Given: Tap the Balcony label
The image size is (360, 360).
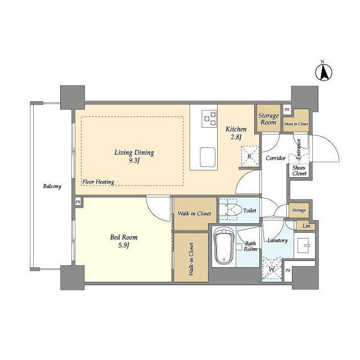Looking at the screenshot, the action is point(52,186).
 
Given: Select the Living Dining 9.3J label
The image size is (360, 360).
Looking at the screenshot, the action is point(134,156).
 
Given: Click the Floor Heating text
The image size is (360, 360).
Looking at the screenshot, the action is point(98,182).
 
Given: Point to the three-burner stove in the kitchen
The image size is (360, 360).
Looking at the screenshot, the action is point(209,119).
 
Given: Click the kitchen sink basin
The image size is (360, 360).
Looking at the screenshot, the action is point(208,157).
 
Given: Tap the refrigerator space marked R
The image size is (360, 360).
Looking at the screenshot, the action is point(250,156).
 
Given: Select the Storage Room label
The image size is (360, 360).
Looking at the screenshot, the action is point(268,119).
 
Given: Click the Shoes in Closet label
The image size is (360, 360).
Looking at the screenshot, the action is point(296,124).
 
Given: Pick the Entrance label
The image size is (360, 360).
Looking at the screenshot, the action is point(299,149).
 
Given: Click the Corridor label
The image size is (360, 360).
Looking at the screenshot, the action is point(276,158).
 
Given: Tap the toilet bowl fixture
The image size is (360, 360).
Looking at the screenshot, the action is point(234,210).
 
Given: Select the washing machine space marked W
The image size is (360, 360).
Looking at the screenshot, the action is point(272,269).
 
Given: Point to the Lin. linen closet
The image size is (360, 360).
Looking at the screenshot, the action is point(305,226).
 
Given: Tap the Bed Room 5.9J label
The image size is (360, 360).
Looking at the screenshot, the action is point(124,241).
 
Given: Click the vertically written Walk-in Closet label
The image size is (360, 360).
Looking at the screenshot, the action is point(191,259).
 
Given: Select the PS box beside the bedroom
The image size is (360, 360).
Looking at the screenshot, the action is point(78,202).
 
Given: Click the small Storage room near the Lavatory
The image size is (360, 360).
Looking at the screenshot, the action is point(299,210).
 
